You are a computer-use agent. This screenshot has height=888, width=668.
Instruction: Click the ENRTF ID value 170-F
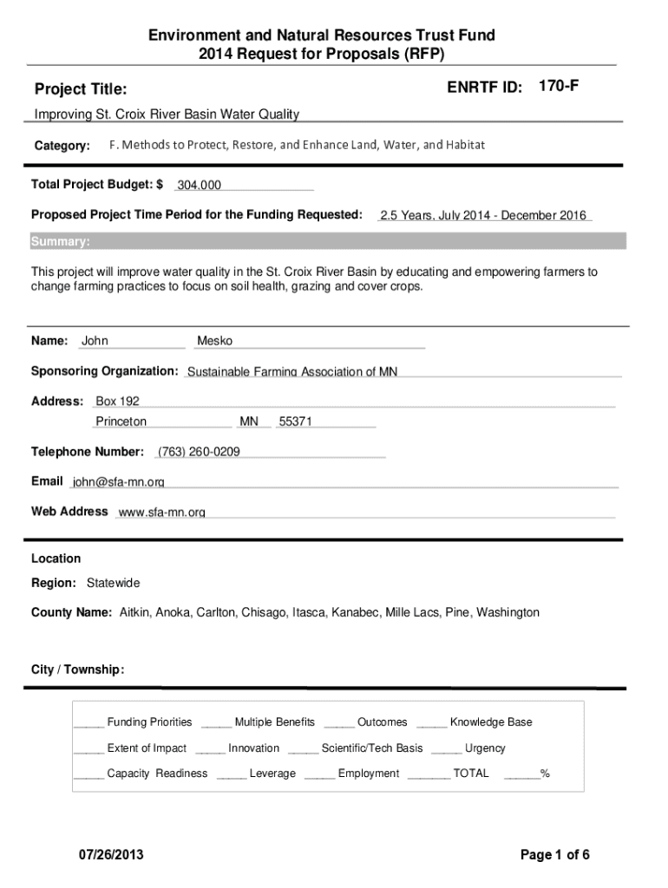(558, 86)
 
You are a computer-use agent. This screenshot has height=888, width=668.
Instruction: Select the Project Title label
(81, 89)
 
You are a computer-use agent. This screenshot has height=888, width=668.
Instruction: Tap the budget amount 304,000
(200, 186)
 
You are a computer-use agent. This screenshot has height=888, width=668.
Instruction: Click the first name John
(95, 341)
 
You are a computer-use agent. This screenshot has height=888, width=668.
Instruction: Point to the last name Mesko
(215, 341)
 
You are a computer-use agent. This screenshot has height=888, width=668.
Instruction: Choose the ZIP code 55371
(295, 421)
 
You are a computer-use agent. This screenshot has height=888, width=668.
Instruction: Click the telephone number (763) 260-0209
(199, 452)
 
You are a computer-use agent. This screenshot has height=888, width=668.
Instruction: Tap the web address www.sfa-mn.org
(161, 513)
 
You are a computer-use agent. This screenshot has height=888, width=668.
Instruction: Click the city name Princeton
(121, 421)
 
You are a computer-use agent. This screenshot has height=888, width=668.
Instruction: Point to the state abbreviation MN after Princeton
(249, 421)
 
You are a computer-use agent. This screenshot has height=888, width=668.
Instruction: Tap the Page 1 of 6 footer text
(555, 855)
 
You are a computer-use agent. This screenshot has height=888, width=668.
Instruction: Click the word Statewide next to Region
(113, 583)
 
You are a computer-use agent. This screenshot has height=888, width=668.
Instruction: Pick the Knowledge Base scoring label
(491, 722)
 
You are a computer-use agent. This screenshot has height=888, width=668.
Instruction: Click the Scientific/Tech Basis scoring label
(372, 748)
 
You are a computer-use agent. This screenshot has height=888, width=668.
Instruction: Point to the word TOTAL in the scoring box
(471, 774)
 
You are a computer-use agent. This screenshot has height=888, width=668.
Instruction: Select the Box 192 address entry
(117, 402)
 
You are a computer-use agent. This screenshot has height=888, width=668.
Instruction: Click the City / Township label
(77, 669)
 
